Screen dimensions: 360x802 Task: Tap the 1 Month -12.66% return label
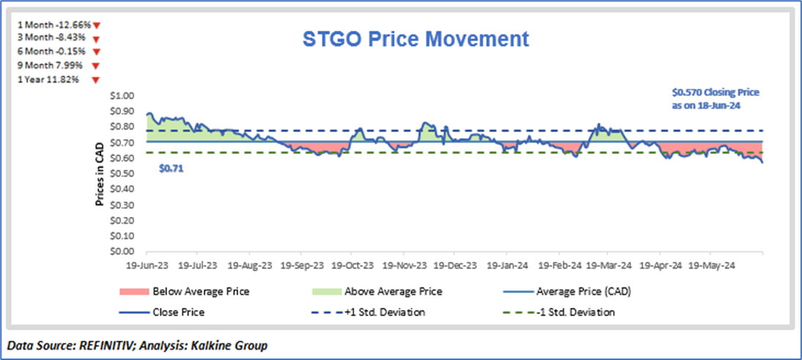pos(54,24)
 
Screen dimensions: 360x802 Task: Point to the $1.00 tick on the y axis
pos(123,96)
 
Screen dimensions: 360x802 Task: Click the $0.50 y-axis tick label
pos(123,174)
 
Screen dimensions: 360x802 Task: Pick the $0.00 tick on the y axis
pos(123,251)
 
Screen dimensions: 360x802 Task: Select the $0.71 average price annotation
pos(169,168)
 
